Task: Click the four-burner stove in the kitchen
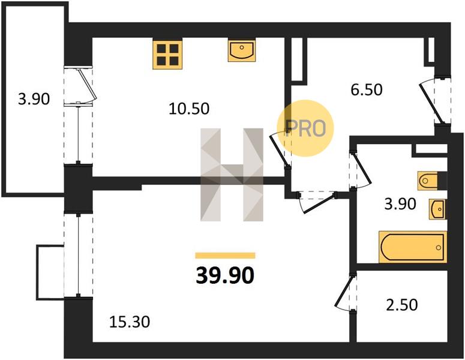pyautogui.click(x=167, y=54)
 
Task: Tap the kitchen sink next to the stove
pyautogui.click(x=242, y=51)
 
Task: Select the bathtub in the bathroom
pyautogui.click(x=413, y=247)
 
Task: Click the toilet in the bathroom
pyautogui.click(x=428, y=180)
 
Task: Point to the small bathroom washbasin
pyautogui.click(x=437, y=209)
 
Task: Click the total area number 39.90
pyautogui.click(x=225, y=275)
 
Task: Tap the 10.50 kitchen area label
pyautogui.click(x=189, y=109)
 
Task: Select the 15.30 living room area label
pyautogui.click(x=130, y=322)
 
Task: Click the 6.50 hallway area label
pyautogui.click(x=367, y=89)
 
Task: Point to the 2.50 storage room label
pyautogui.click(x=402, y=305)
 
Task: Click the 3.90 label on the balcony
pyautogui.click(x=34, y=99)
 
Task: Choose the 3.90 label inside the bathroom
pyautogui.click(x=400, y=204)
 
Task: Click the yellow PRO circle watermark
pyautogui.click(x=305, y=128)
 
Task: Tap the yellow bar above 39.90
pyautogui.click(x=226, y=256)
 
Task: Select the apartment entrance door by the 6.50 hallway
pyautogui.click(x=434, y=100)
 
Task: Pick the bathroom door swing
pyautogui.click(x=361, y=170)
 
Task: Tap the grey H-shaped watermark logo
pyautogui.click(x=232, y=175)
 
